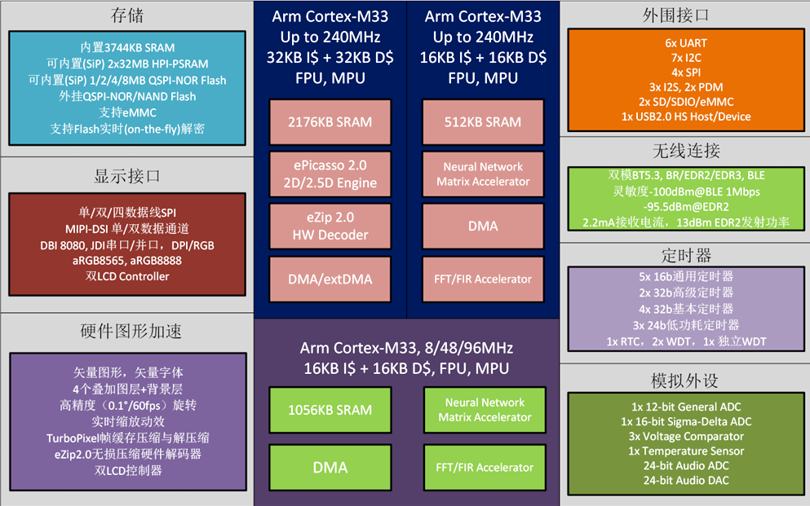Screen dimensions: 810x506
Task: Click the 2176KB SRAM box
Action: point(330,122)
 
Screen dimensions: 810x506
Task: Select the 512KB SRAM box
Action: point(483,122)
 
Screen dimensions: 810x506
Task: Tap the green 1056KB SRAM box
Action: point(330,410)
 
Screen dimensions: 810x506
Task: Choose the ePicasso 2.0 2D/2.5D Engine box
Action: point(330,174)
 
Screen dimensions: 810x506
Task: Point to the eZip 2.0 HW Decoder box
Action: point(330,227)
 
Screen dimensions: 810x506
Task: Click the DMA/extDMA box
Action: point(330,279)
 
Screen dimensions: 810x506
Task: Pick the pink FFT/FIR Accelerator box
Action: point(483,279)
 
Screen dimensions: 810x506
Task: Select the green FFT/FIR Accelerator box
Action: point(485,468)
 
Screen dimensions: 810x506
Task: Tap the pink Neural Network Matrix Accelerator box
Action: point(483,174)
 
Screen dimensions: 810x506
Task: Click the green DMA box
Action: point(330,468)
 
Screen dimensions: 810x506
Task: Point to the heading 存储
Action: point(127,15)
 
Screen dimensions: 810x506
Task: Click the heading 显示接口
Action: point(127,176)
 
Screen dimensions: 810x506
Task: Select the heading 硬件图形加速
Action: point(131,331)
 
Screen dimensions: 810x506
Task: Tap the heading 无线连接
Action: point(686,151)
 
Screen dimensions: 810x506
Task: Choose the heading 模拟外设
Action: point(685,381)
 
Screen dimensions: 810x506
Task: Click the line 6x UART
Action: point(686,43)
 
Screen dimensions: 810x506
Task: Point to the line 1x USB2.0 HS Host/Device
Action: point(686,117)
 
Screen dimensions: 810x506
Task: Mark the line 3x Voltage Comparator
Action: point(686,437)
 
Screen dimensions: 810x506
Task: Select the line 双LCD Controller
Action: point(127,276)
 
